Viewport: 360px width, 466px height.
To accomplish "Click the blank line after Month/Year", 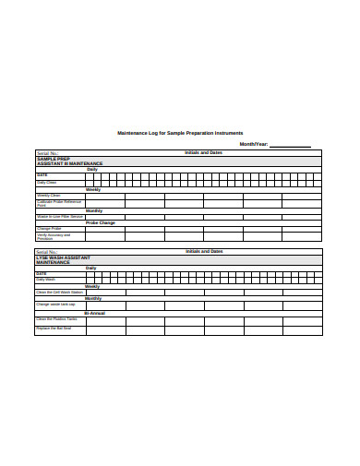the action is point(290,146).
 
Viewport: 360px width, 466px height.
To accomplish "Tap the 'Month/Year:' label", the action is point(254,144).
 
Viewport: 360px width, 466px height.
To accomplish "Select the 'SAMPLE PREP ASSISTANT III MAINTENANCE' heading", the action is point(69,161).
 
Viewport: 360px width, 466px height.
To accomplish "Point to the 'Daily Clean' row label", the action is point(47,183).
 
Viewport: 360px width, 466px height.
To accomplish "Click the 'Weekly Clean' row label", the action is point(49,196).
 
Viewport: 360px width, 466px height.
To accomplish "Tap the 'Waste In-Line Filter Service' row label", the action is point(59,217).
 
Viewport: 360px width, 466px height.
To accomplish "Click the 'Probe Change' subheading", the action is point(101,222).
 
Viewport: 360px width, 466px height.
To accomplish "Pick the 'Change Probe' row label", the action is point(49,229).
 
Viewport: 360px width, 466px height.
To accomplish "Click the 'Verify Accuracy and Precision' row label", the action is point(57,236).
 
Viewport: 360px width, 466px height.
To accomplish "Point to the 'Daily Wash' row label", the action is point(46,279).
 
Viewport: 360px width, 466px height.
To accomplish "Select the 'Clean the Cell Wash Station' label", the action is point(59,293).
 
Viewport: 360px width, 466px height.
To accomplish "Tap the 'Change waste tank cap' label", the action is point(55,305).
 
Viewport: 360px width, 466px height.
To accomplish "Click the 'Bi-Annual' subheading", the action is point(96,312).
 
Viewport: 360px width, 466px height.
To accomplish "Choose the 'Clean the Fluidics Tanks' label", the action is point(56,318).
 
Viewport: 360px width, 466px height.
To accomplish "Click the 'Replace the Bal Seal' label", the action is point(54,329).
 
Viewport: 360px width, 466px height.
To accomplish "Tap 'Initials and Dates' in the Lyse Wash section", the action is point(204,251).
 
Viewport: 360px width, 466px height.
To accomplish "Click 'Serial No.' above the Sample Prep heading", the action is point(47,152).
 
